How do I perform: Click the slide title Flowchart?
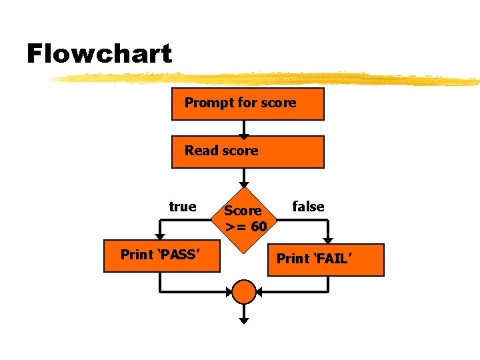coord(99,53)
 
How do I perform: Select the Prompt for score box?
coord(248,103)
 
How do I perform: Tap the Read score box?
coord(248,151)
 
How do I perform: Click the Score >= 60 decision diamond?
coord(245,218)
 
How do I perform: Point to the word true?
coord(183,207)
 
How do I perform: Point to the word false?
coord(309,207)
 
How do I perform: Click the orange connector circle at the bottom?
coord(245,291)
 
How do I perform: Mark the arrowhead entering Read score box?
coord(245,133)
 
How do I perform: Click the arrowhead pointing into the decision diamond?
coord(245,184)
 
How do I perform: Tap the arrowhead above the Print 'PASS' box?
coord(160,236)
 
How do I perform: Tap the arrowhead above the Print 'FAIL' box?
coord(328,239)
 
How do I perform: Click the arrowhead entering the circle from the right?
coord(261,291)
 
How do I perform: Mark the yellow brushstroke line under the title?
coord(267,79)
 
